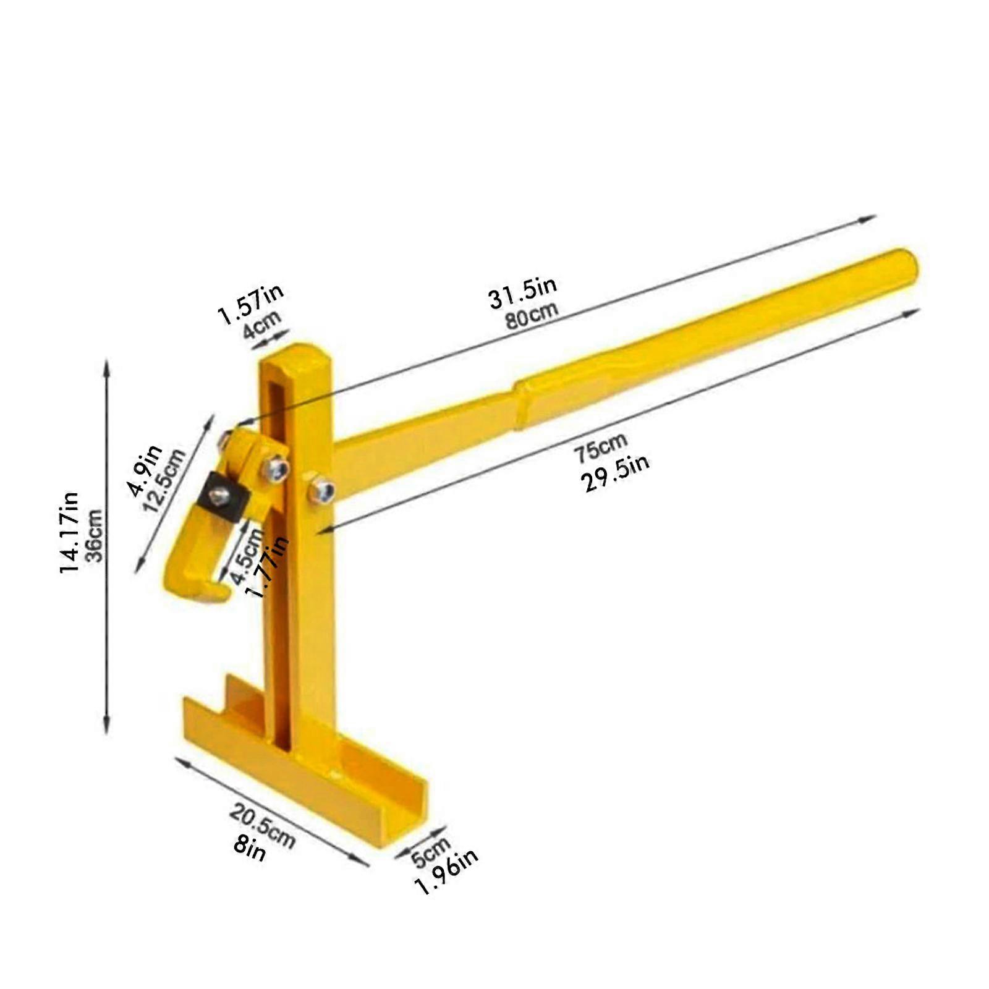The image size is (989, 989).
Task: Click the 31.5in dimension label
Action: [522, 292]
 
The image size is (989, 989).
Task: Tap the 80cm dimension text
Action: [532, 316]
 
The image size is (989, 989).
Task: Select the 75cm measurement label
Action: [600, 448]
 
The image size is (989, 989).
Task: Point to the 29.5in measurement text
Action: [615, 473]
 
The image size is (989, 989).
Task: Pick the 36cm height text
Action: [94, 535]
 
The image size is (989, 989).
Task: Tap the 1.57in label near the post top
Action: [250, 303]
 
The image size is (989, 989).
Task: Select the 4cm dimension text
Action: [261, 324]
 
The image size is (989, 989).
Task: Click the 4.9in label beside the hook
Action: [145, 470]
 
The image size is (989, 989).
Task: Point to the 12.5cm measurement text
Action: [164, 480]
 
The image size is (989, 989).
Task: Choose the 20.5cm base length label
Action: [263, 826]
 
